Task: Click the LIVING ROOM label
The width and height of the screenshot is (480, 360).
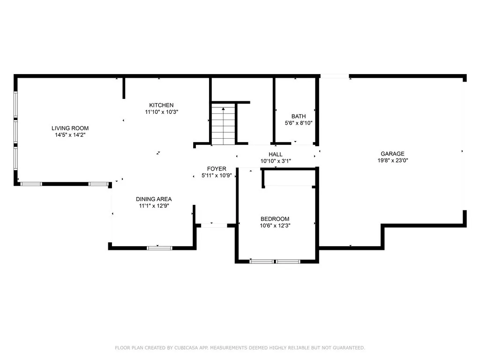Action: point(70,128)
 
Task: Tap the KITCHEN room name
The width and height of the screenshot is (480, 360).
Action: point(161,105)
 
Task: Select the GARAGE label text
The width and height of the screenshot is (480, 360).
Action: point(392,154)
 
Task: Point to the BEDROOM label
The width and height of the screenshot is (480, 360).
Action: point(275,219)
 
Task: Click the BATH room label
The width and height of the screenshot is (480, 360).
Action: point(298,116)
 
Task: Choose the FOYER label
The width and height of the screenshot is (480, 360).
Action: point(217,169)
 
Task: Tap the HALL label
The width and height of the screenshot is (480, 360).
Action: point(276,154)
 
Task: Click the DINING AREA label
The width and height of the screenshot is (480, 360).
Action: point(154,199)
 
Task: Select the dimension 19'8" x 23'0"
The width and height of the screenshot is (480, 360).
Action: point(392,160)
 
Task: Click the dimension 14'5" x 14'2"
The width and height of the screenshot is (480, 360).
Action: point(70,135)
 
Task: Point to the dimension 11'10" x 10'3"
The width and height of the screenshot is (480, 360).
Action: point(161,112)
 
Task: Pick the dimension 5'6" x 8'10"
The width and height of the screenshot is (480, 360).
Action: point(298,123)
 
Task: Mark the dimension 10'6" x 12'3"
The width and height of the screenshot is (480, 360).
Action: point(275,225)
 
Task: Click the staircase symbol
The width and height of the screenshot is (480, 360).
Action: point(223,125)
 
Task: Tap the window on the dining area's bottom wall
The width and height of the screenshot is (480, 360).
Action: point(159,247)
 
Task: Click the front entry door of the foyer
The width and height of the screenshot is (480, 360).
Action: point(214,225)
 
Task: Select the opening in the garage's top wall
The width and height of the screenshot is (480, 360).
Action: point(334,76)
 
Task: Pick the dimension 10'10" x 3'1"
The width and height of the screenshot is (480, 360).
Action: point(276,161)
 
